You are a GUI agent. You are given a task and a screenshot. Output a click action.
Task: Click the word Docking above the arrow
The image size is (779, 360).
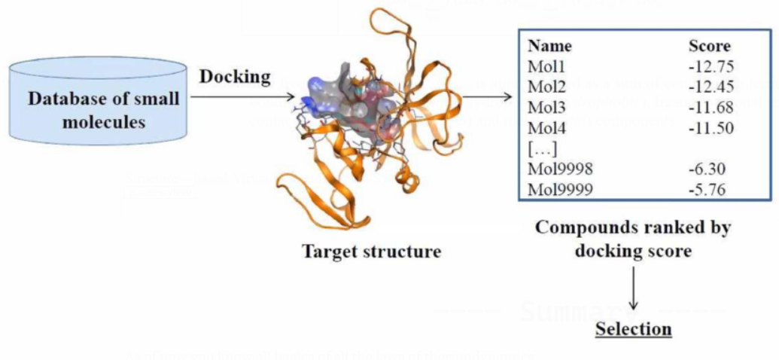[234, 77]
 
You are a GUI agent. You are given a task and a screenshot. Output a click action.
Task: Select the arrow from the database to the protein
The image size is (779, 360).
[242, 96]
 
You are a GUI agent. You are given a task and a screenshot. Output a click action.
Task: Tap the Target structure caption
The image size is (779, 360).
[372, 252]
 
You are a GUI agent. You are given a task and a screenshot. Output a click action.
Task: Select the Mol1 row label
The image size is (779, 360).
[545, 66]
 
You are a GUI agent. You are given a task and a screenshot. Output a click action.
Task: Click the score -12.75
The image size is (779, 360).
[711, 66]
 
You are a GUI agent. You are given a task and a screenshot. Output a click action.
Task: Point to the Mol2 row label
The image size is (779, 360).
[545, 86]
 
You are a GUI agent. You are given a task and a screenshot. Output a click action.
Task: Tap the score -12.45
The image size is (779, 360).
[711, 86]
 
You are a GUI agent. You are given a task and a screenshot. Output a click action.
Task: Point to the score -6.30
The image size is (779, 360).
[707, 169]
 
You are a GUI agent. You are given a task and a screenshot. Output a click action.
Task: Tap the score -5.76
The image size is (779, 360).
[707, 190]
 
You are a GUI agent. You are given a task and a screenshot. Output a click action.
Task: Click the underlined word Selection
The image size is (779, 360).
[633, 329]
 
